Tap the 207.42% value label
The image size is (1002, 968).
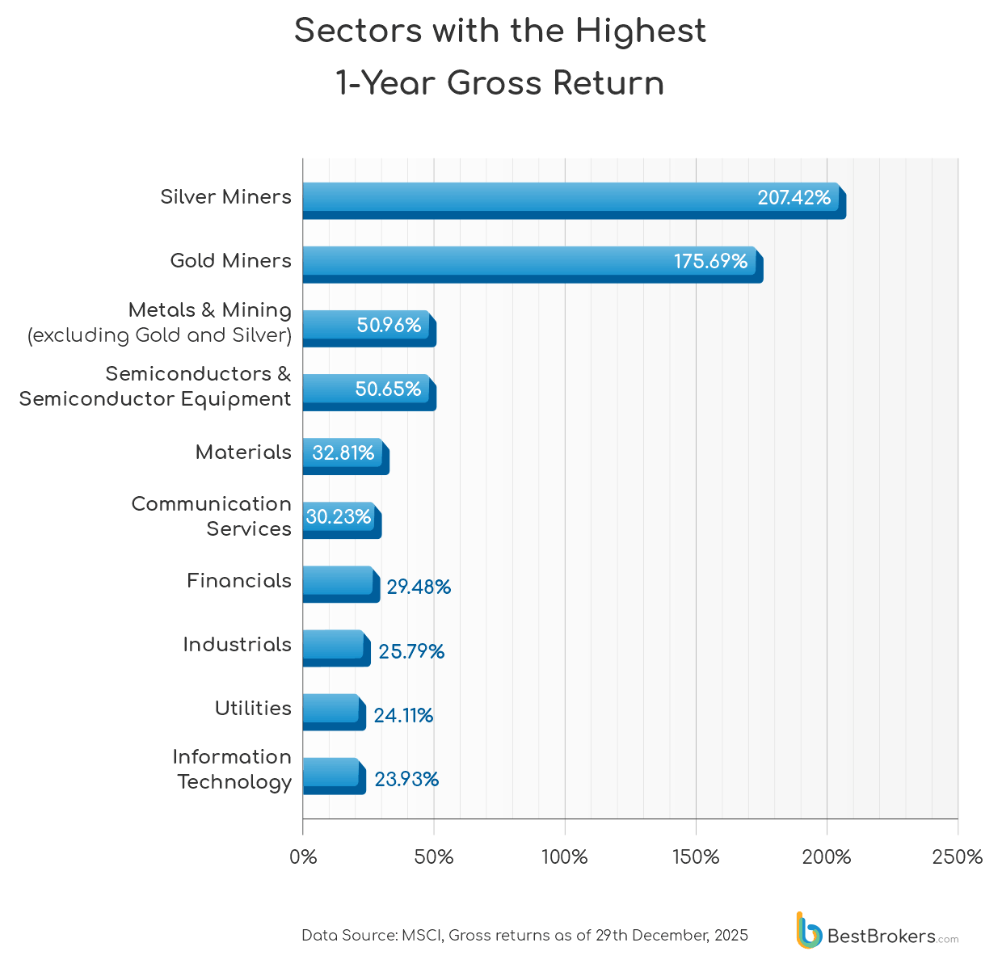coord(794,198)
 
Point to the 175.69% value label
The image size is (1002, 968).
coord(710,262)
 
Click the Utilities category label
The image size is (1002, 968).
coord(253,708)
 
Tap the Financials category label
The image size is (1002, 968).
coord(238,580)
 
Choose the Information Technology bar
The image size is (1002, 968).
coord(333,776)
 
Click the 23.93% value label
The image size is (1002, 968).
coord(406,779)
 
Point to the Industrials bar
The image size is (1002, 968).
coord(335,648)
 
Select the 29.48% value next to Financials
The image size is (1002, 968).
coord(419,587)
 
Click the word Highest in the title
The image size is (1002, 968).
coord(640,31)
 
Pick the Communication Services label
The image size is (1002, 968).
coord(211,516)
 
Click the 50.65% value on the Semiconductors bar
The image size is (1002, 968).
coord(388,389)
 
